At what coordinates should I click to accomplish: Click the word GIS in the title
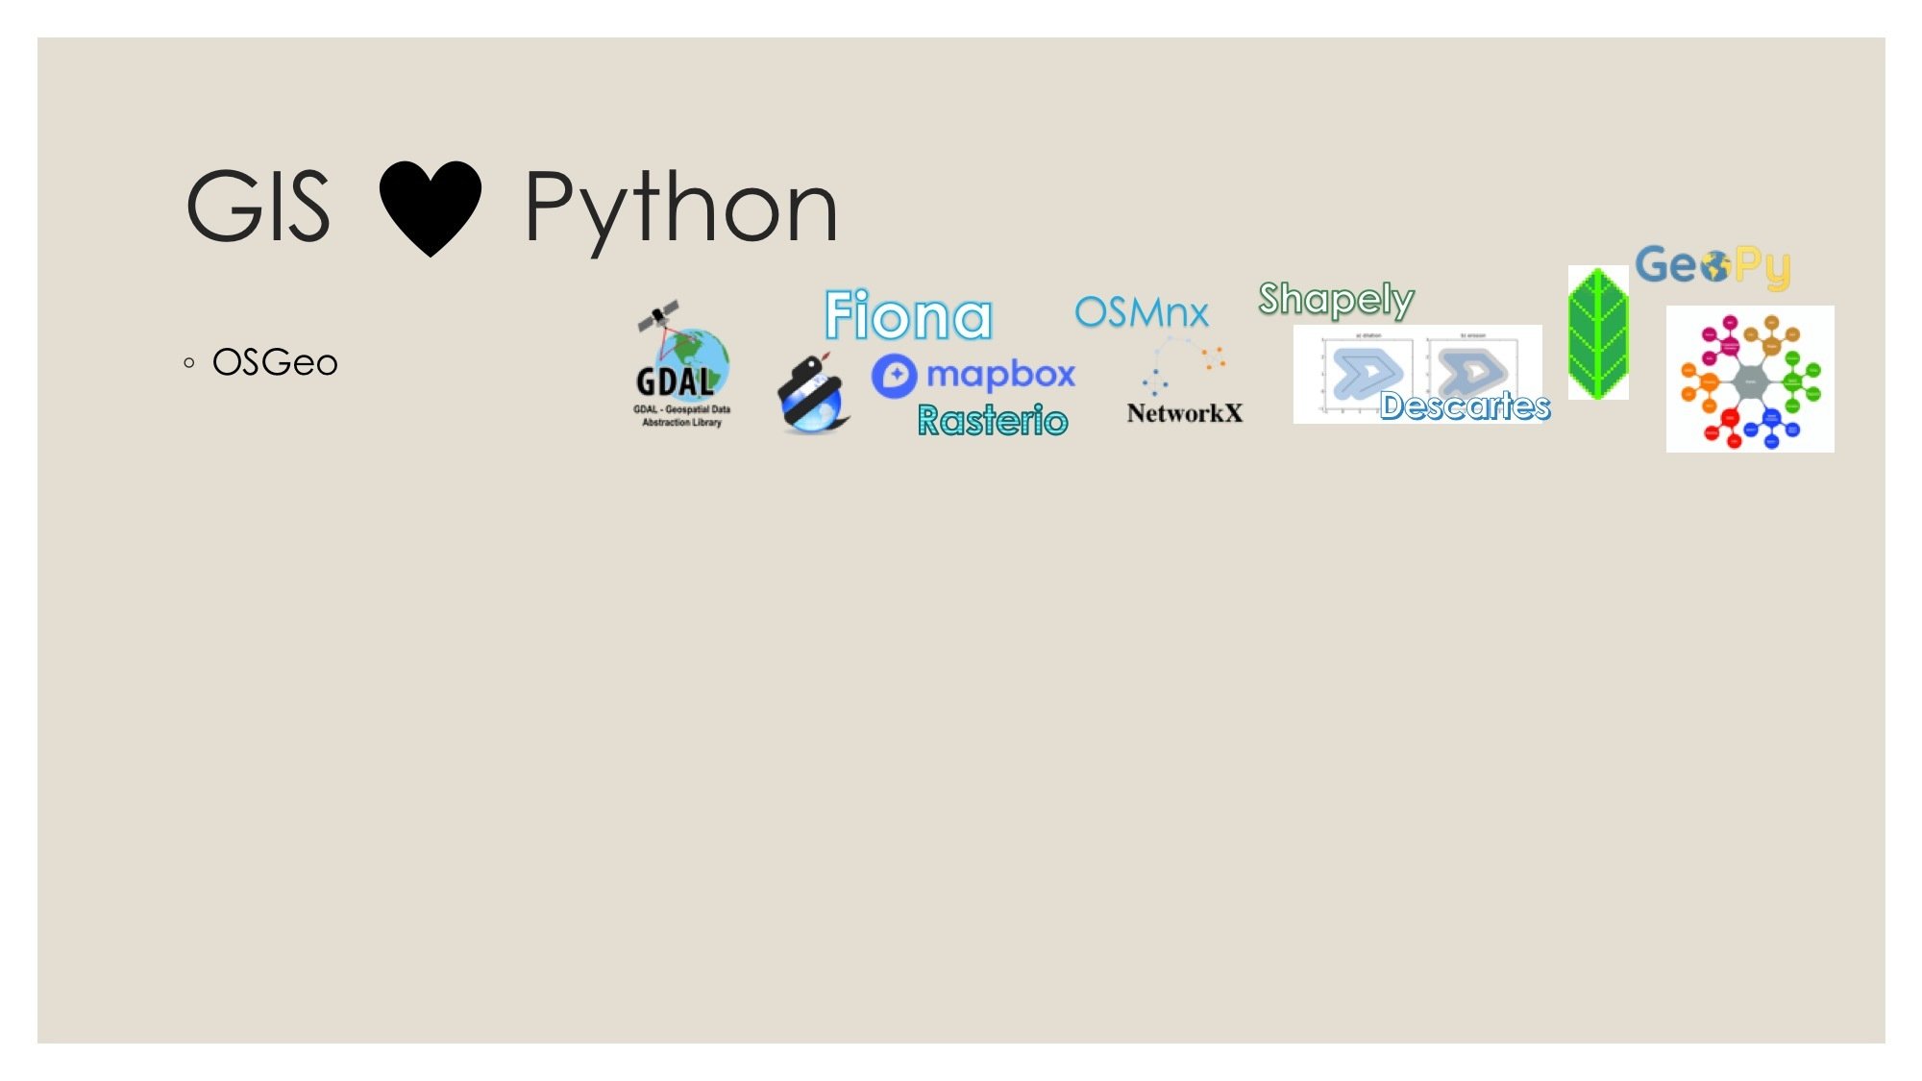tap(258, 207)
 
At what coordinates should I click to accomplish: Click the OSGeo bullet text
tap(275, 363)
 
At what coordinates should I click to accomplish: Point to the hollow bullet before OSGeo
tap(189, 363)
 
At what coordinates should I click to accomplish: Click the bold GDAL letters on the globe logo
tap(675, 381)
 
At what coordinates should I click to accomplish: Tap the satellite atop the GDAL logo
tap(658, 315)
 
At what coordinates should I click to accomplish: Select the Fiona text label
tap(908, 315)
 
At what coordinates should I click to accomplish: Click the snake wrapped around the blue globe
tap(812, 394)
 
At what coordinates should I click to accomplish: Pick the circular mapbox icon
tap(894, 376)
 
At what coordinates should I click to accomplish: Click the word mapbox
tap(1000, 374)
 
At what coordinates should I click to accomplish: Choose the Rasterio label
tap(992, 420)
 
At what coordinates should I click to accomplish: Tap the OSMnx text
tap(1141, 312)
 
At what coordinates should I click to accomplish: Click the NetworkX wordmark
tap(1184, 413)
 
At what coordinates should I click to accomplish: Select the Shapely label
tap(1336, 299)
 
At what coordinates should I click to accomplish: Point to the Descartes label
tap(1465, 406)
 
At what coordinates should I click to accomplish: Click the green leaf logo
tap(1597, 332)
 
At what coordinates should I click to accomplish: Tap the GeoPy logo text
tap(1713, 265)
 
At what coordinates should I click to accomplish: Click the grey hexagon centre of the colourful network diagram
tap(1750, 381)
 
